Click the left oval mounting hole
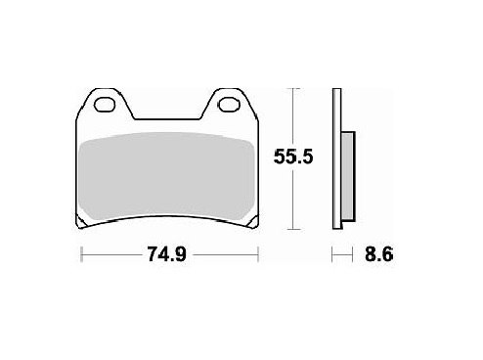[103, 104]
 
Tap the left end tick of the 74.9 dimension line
[79, 256]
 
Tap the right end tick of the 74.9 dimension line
[259, 256]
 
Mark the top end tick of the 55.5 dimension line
[290, 90]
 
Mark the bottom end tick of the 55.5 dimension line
[290, 232]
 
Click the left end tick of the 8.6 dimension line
[333, 256]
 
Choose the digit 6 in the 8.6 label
[388, 255]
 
